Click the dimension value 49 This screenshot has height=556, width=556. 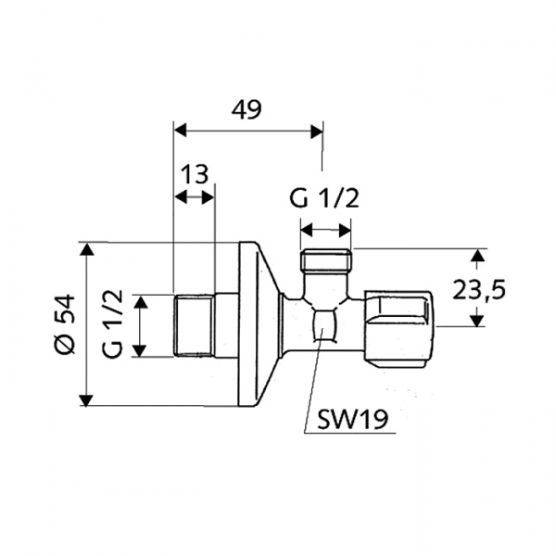[246, 109]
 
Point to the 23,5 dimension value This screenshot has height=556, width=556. [480, 289]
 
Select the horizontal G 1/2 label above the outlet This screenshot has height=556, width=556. [322, 199]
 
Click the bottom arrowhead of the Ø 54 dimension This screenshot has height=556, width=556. [85, 399]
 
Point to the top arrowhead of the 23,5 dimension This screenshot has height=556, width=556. [477, 255]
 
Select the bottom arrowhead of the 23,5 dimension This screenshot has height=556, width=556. [477, 321]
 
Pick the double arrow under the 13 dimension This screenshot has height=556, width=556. [195, 196]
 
